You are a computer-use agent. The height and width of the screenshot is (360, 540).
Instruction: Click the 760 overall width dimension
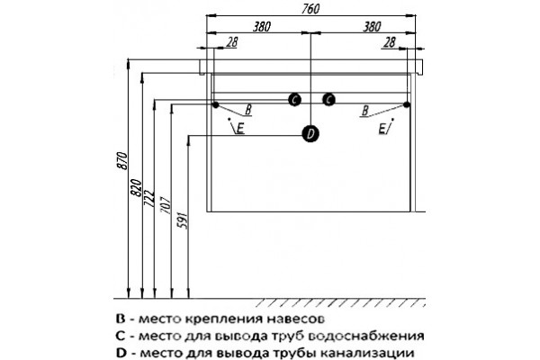pyautogui.click(x=310, y=9)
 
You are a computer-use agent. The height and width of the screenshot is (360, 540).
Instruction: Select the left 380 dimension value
pyautogui.click(x=262, y=26)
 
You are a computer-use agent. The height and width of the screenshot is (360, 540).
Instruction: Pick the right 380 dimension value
pyautogui.click(x=372, y=26)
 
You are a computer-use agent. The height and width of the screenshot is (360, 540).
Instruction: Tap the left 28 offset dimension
pyautogui.click(x=232, y=42)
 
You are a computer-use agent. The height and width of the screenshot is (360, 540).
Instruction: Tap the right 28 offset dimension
pyautogui.click(x=389, y=42)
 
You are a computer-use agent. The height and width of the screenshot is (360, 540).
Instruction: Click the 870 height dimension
pyautogui.click(x=123, y=160)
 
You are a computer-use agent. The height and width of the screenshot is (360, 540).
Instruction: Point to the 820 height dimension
pyautogui.click(x=137, y=188)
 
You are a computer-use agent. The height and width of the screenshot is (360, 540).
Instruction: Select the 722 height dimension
pyautogui.click(x=148, y=198)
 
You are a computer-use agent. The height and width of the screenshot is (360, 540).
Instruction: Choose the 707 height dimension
pyautogui.click(x=166, y=205)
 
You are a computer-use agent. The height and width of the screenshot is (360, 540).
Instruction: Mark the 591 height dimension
pyautogui.click(x=182, y=220)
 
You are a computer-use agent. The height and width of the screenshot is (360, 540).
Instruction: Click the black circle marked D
pyautogui.click(x=310, y=134)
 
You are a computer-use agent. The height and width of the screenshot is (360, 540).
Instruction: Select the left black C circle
pyautogui.click(x=294, y=100)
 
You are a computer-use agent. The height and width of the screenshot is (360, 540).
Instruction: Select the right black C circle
pyautogui.click(x=328, y=100)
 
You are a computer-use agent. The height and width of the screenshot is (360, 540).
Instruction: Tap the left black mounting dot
pyautogui.click(x=216, y=104)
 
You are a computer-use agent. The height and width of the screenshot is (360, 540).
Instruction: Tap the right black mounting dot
pyautogui.click(x=407, y=104)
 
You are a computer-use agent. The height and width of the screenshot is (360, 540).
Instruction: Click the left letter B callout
pyautogui.click(x=248, y=110)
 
